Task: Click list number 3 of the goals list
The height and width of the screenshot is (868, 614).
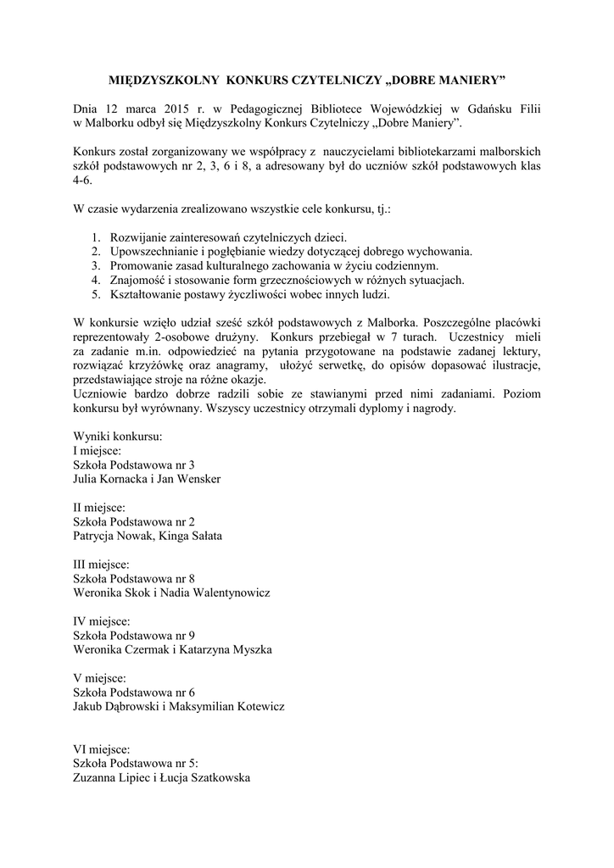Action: tap(97, 265)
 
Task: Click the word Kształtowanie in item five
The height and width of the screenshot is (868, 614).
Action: tap(146, 294)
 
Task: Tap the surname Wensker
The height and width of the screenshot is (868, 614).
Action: tap(198, 479)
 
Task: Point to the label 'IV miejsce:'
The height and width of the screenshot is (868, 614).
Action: tap(101, 620)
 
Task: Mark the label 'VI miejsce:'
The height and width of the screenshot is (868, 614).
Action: tap(102, 748)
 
